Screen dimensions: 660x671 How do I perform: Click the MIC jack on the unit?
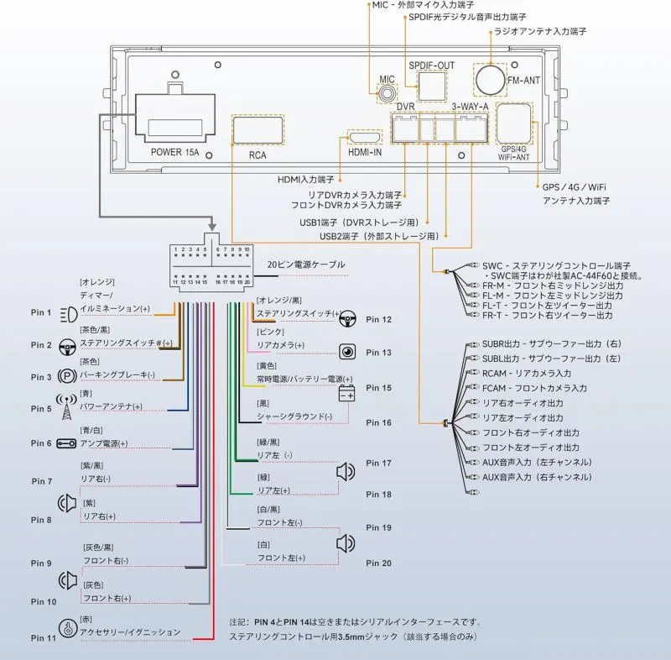(385, 94)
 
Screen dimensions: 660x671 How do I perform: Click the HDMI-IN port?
(365, 138)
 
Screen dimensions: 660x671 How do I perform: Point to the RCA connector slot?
(257, 132)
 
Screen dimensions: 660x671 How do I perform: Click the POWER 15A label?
(177, 153)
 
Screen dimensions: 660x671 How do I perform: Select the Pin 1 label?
(42, 313)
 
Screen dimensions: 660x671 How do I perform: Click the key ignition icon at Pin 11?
(66, 629)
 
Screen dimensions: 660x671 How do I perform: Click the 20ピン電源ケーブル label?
(305, 265)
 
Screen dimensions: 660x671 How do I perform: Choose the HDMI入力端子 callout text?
(305, 180)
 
